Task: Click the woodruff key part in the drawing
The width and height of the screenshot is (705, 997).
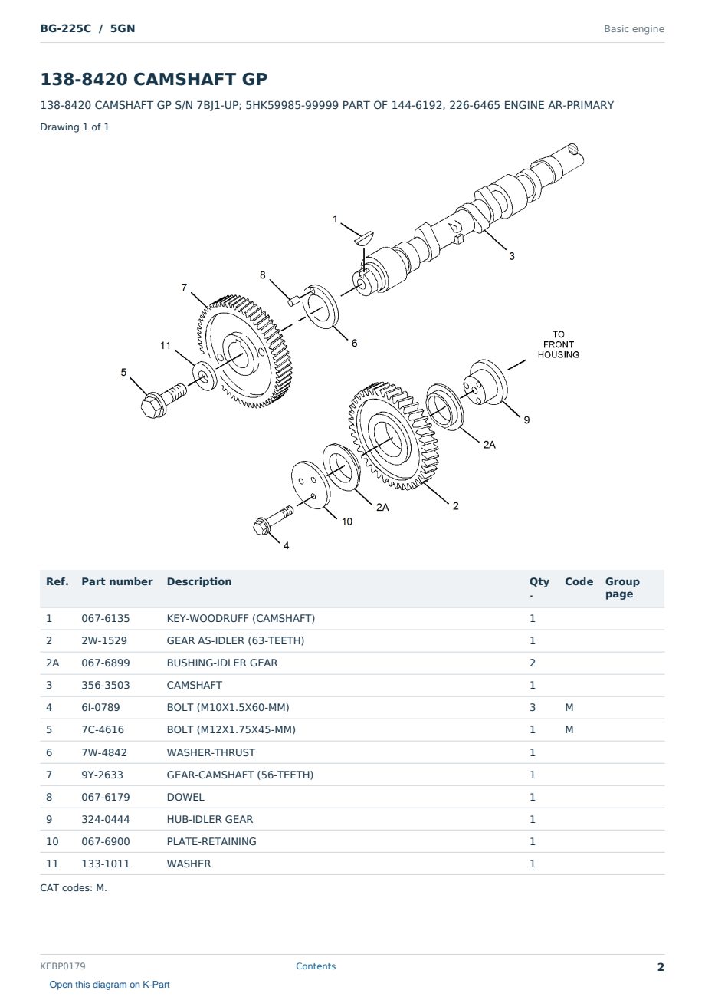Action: (x=364, y=238)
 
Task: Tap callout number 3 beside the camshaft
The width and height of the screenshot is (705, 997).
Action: (x=512, y=256)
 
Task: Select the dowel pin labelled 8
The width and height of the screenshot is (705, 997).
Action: (x=293, y=301)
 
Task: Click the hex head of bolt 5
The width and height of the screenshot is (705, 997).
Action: (x=151, y=406)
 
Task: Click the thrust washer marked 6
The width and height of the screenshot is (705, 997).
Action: (x=320, y=307)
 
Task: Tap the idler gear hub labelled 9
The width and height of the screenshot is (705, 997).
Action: (x=485, y=383)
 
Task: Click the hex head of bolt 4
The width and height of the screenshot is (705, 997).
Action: (x=261, y=526)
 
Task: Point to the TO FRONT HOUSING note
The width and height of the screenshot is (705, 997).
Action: (x=558, y=344)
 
